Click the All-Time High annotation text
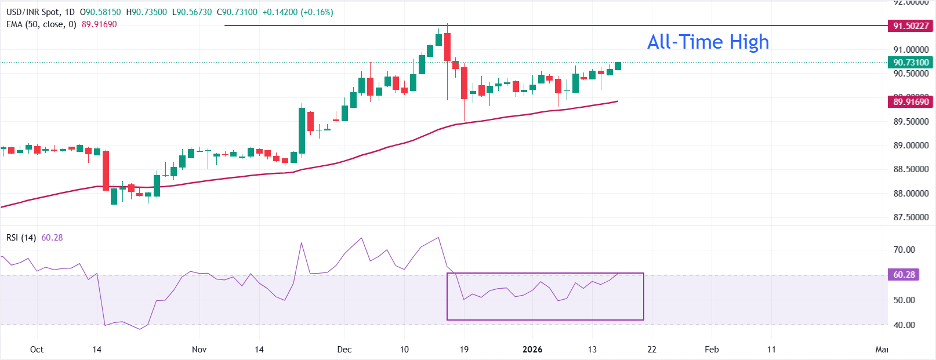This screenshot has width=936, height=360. pos(708,42)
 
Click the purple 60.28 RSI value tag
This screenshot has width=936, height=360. pos(904,274)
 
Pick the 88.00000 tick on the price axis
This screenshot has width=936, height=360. pos(911,194)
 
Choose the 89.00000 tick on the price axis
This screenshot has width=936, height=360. pos(911,146)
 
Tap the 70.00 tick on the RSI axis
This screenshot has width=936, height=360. pos(904,250)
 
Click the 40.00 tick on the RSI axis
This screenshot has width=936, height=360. pos(904,325)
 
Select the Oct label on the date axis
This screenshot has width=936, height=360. pos(37,349)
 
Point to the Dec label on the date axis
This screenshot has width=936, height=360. pos(344,349)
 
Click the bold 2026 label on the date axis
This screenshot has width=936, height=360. pos(532,349)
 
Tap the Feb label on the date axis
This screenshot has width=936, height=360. pos(712,349)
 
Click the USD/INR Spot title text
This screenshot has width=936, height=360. pos(33,12)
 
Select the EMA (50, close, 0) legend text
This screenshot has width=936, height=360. pos(41,24)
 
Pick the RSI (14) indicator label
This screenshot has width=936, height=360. pos(21,238)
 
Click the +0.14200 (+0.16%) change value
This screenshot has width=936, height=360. pos(298,12)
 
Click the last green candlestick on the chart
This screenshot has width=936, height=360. pos(618,66)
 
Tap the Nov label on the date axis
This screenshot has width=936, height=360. pos(199,349)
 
